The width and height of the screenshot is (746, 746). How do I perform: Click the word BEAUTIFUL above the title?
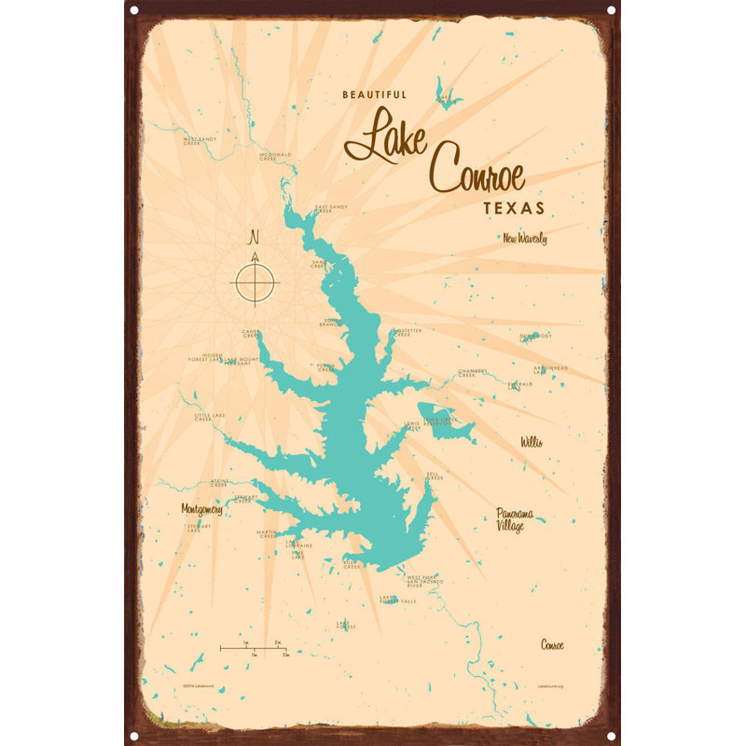(374, 94)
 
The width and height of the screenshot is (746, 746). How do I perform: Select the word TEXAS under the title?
(514, 206)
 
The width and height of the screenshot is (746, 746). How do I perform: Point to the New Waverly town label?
(524, 239)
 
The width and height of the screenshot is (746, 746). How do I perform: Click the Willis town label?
(532, 441)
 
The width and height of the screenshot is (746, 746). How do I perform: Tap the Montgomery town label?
(201, 510)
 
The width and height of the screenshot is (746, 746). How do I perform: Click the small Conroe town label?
(552, 644)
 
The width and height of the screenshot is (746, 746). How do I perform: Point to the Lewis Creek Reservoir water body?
(441, 420)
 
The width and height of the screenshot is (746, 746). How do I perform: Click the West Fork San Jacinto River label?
(421, 582)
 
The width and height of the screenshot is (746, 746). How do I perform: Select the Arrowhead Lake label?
(550, 369)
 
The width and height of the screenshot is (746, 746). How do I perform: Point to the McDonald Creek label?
(275, 157)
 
